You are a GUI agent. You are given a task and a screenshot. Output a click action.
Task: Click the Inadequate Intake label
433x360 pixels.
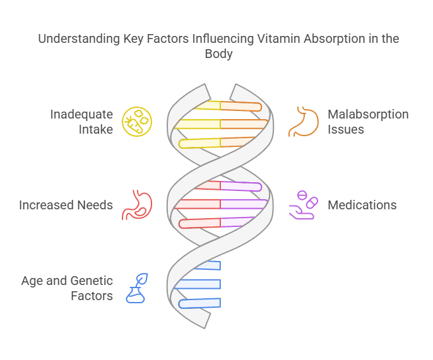coord(81,122)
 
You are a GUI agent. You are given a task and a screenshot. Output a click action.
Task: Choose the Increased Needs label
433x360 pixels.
coord(66,205)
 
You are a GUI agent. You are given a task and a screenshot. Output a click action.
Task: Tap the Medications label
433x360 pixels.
coord(362,205)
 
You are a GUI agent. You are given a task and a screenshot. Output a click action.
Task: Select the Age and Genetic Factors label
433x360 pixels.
coord(67,287)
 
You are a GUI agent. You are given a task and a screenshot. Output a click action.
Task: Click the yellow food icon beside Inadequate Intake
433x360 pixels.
coord(137,122)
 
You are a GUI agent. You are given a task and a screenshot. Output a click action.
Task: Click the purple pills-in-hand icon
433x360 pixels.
coord(304,205)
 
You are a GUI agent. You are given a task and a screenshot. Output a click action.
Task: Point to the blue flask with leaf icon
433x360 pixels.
coord(137,287)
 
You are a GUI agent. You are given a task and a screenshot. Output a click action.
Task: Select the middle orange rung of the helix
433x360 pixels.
coord(244,124)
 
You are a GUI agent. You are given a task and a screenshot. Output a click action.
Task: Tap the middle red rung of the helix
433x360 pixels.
coord(198,204)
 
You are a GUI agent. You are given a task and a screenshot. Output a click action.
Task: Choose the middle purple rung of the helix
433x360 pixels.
coord(244,204)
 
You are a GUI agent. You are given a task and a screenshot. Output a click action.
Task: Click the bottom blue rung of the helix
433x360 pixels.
coord(201,303)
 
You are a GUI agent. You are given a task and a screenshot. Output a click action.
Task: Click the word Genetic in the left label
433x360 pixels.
coord(92,280)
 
